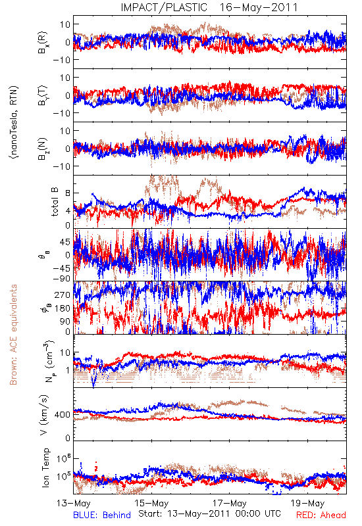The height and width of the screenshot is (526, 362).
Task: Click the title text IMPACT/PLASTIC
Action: pos(164,7)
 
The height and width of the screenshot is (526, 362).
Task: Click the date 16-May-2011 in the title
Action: pos(259,7)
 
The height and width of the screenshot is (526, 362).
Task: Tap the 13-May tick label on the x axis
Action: pos(74,503)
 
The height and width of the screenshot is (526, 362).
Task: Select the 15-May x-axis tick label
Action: pos(151,503)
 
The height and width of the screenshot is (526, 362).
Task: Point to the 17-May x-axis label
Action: pos(230,503)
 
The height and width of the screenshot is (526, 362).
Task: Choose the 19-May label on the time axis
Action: pos(307,503)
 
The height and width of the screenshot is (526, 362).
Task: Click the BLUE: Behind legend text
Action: pos(102,515)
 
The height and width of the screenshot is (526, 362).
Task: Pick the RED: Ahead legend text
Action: pos(321,515)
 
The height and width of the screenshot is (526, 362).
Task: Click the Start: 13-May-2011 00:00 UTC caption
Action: pos(209,514)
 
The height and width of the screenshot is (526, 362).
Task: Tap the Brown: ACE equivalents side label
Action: pos(13,335)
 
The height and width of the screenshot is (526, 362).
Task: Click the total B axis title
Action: pos(55,201)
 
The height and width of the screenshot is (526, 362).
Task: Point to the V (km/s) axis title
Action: pos(44,415)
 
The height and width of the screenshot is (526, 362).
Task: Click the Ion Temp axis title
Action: pos(45,467)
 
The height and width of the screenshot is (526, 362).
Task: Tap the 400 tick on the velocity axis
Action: pos(63,415)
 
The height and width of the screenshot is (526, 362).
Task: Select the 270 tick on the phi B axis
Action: pos(63,295)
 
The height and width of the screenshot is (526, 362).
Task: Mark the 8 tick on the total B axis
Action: pos(68,193)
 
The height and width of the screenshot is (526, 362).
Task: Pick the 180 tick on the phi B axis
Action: pos(63,308)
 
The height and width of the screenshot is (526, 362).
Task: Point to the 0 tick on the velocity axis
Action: pos(68,438)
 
